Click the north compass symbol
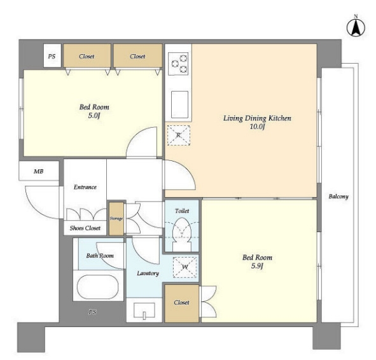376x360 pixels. click(x=356, y=27)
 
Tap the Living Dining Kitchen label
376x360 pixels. click(x=257, y=118)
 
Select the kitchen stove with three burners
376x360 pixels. click(x=178, y=63)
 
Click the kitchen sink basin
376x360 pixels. click(x=179, y=104)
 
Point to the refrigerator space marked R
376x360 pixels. click(x=179, y=135)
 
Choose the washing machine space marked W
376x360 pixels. click(x=185, y=267)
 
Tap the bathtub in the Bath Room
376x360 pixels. click(x=97, y=287)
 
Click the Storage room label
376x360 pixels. click(x=116, y=219)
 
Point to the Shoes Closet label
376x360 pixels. click(x=85, y=228)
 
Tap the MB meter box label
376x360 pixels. click(x=39, y=171)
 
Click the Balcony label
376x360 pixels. click(x=338, y=197)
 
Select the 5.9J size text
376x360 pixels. click(x=257, y=266)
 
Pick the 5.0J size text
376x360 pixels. click(x=94, y=116)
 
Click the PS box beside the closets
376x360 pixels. click(x=52, y=55)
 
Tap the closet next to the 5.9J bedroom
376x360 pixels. click(x=181, y=303)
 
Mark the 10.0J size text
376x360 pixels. click(x=257, y=127)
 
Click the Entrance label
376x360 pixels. click(x=85, y=187)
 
